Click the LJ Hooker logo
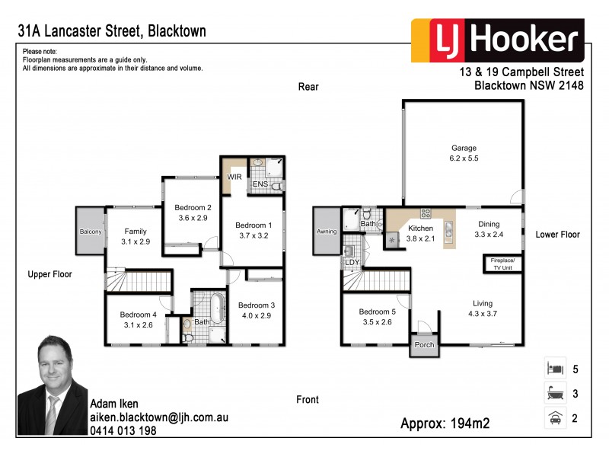[498, 40]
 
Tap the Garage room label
[464, 149]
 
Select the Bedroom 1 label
[253, 225]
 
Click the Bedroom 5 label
[376, 312]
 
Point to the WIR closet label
[234, 177]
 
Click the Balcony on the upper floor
[90, 232]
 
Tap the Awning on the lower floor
[327, 232]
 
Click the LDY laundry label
[352, 263]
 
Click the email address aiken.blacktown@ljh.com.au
[158, 418]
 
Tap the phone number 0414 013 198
[123, 431]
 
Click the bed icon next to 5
[554, 369]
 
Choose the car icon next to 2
[554, 417]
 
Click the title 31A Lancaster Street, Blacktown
[112, 31]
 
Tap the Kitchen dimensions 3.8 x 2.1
[420, 238]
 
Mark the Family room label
[136, 232]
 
